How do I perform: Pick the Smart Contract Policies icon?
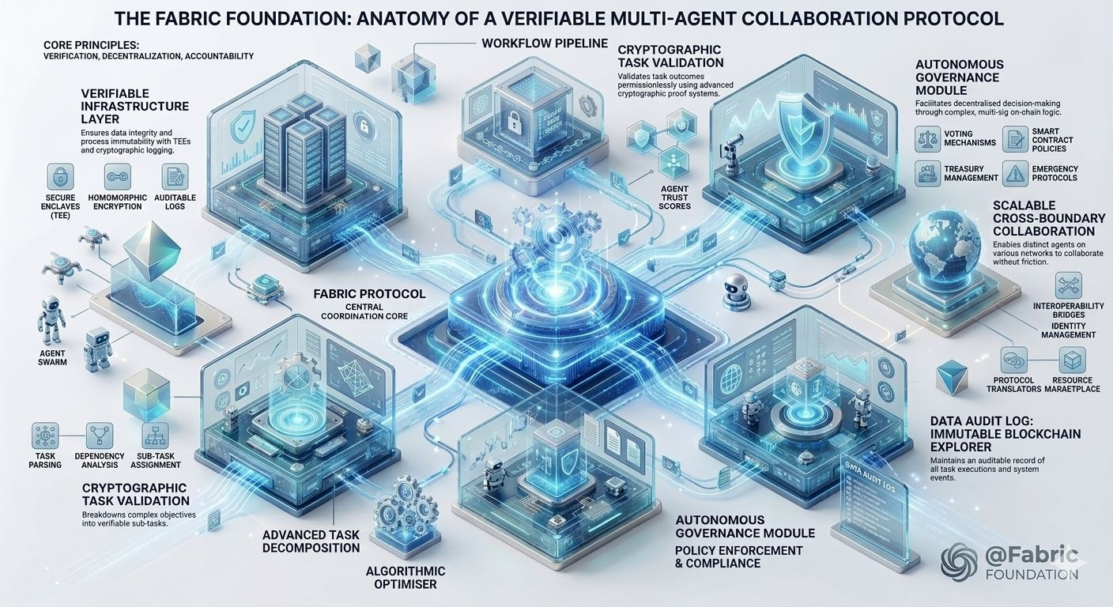[x=1015, y=140]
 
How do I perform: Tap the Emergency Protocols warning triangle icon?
[x=1015, y=172]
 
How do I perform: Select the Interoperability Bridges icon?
[x=1069, y=285]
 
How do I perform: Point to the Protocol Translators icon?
[x=1013, y=360]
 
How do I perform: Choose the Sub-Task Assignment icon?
[x=155, y=435]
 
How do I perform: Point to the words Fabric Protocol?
[x=369, y=294]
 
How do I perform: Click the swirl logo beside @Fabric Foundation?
[x=960, y=562]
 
